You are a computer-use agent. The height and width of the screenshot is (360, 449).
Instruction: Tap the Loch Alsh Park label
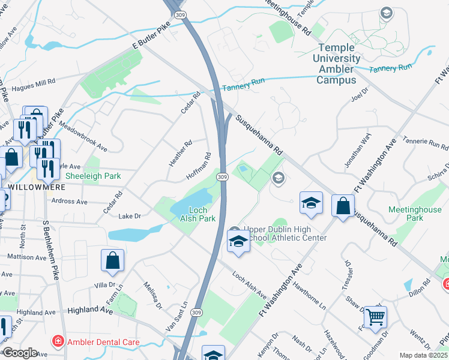tap(197, 214)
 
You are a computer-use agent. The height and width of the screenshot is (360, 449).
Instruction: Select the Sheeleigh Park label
tap(92, 176)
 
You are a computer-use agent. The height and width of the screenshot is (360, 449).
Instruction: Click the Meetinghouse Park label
tap(414, 213)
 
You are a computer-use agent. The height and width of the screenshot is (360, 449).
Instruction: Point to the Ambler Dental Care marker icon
tap(58, 343)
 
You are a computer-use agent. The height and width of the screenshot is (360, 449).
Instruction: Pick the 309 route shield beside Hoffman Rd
tap(222, 177)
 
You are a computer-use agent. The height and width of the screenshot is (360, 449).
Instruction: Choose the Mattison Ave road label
tap(26, 257)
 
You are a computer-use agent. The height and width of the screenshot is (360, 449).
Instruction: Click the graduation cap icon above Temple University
tap(386, 13)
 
